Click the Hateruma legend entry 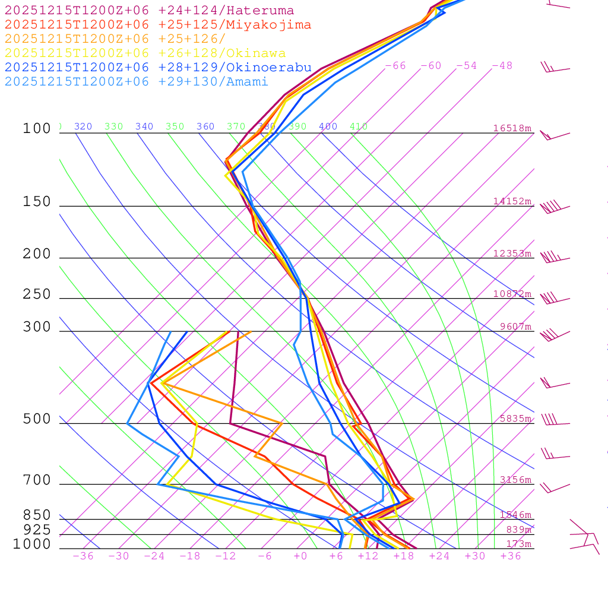click(x=149, y=11)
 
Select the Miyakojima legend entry click(x=157, y=25)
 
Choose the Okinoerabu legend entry click(x=157, y=68)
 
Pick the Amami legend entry click(x=136, y=82)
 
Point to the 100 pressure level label click(x=37, y=129)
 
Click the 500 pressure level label click(x=37, y=420)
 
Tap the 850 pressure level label click(x=37, y=515)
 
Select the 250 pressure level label click(x=37, y=294)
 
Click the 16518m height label click(x=512, y=128)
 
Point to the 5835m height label click(x=515, y=419)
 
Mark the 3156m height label click(x=515, y=480)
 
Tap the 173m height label click(x=518, y=544)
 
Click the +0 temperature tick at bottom click(x=300, y=556)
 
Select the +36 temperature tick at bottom click(x=511, y=556)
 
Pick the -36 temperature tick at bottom click(x=83, y=556)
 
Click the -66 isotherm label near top click(x=395, y=66)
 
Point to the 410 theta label click(x=359, y=126)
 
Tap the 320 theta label click(x=83, y=126)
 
